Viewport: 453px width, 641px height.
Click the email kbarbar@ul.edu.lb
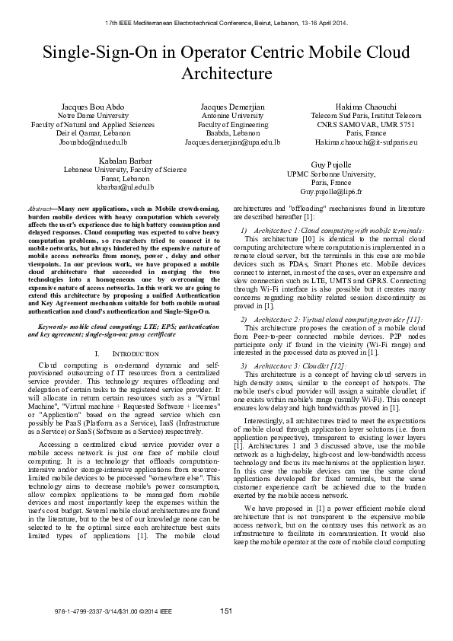point(126,187)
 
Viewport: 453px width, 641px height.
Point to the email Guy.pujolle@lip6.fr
point(331,193)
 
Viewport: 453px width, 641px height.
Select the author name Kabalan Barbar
point(126,160)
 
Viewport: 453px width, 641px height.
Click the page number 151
point(226,632)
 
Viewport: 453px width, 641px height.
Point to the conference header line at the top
point(226,24)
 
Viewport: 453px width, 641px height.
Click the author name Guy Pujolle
point(331,164)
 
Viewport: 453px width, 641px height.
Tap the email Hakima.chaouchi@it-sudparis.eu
point(367,142)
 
